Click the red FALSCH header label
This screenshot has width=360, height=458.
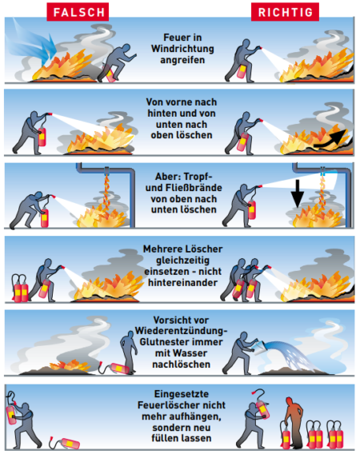(x=78, y=12)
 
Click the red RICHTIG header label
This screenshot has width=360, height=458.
(x=285, y=12)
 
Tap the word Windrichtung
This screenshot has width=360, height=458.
(x=182, y=49)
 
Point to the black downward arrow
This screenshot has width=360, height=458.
(x=298, y=193)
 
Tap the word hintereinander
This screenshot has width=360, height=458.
(x=182, y=283)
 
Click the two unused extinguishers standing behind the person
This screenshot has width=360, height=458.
(x=19, y=289)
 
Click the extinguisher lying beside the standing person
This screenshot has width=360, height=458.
(x=114, y=368)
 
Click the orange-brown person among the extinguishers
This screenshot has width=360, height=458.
(x=294, y=422)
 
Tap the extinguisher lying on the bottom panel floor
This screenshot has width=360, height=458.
(x=65, y=443)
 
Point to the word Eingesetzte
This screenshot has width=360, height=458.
(x=182, y=394)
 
